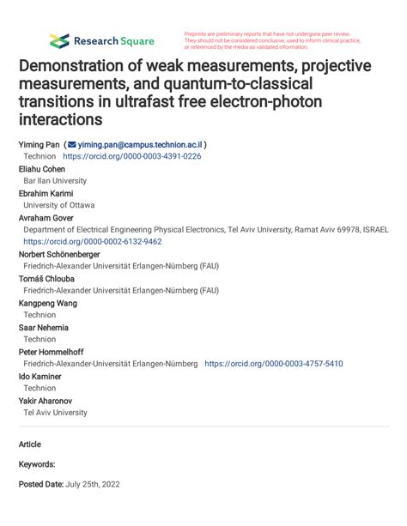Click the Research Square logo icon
[x=59, y=40]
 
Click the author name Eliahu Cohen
[x=42, y=169]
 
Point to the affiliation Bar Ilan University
[x=55, y=181]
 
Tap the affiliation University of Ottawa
[x=59, y=206]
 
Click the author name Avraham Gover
[x=46, y=218]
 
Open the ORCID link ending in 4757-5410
[x=273, y=364]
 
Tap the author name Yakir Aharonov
[x=46, y=401]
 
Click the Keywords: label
[x=37, y=463]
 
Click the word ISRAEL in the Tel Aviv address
[x=374, y=230]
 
